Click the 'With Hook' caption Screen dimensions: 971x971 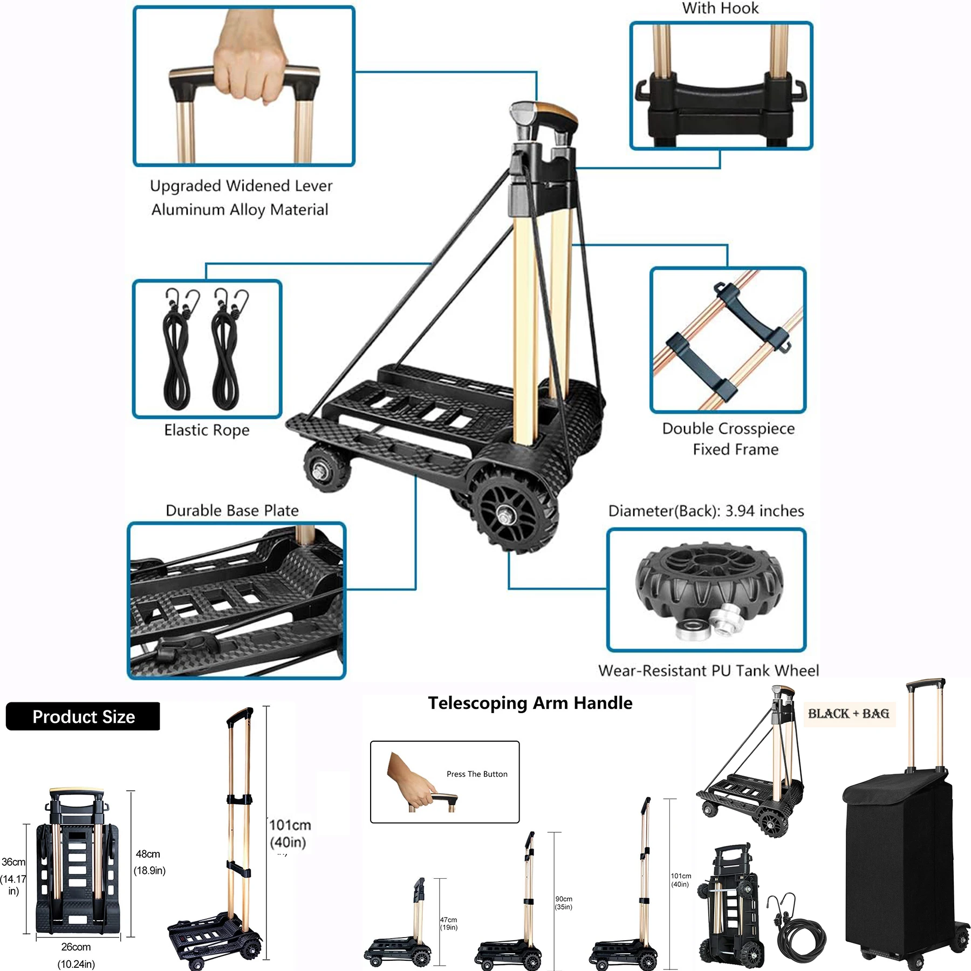(x=720, y=9)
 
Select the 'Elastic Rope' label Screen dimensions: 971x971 (x=207, y=430)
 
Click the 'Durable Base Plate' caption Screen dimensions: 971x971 (x=232, y=510)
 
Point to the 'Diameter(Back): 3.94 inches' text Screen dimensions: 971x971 (x=706, y=511)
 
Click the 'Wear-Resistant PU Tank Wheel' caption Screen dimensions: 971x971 (x=708, y=671)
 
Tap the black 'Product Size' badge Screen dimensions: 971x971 (x=83, y=716)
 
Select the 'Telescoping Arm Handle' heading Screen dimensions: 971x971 (x=530, y=703)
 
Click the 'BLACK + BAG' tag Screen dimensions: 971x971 (x=849, y=714)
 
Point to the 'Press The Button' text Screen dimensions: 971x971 (x=477, y=774)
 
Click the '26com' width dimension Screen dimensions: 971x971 (x=76, y=947)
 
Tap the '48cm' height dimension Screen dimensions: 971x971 (x=148, y=854)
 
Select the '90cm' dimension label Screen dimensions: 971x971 (x=564, y=899)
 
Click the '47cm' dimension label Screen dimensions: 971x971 (x=448, y=920)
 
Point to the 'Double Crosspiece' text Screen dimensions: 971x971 (x=728, y=428)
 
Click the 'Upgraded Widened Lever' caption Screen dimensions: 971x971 (x=241, y=186)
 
